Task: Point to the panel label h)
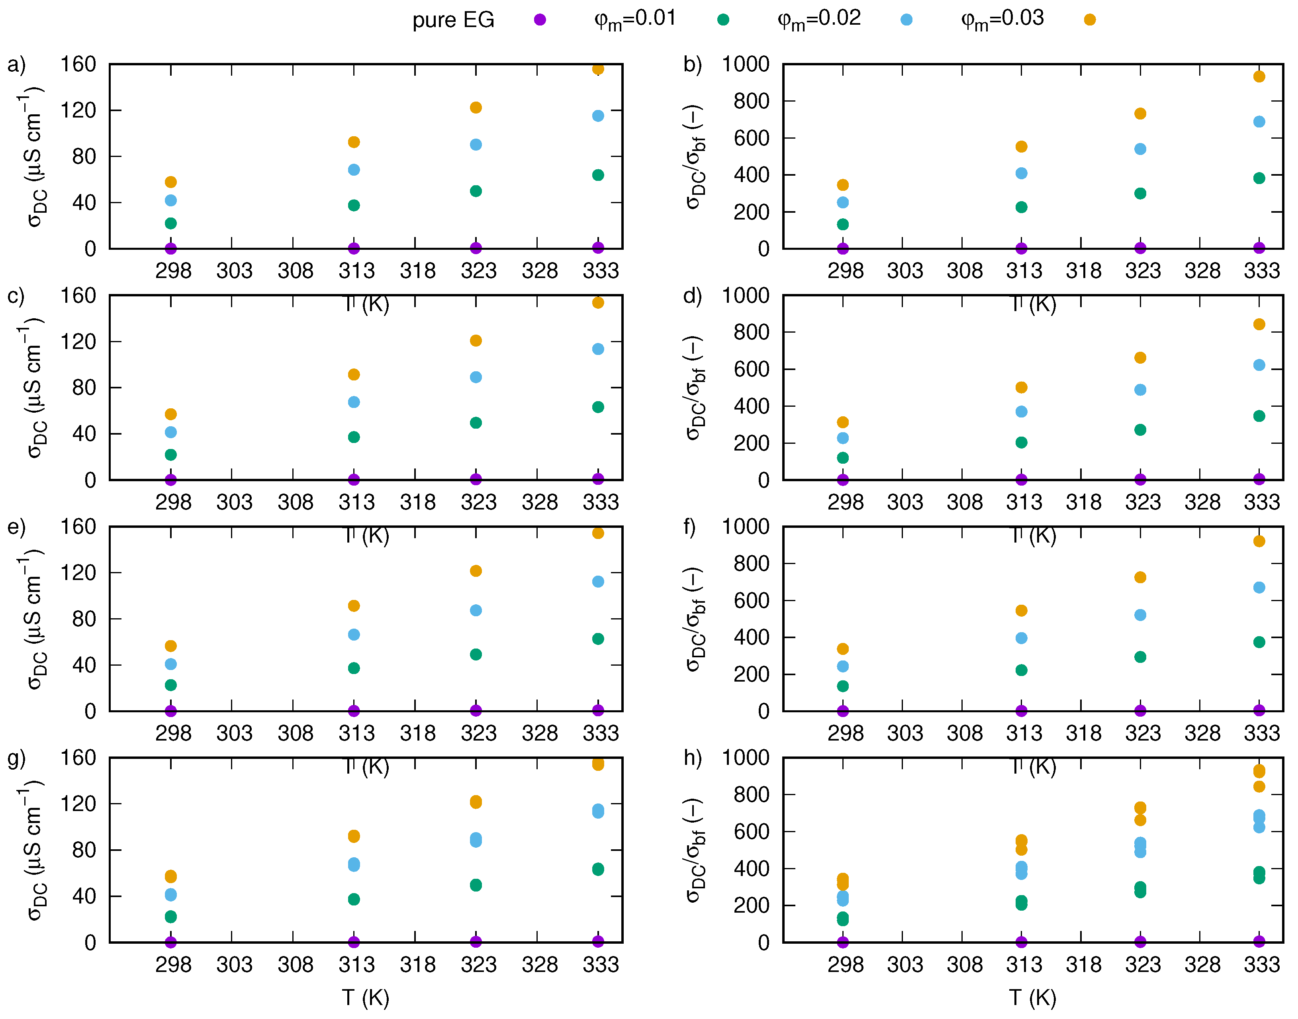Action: coord(693,758)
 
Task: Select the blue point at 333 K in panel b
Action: coord(1259,122)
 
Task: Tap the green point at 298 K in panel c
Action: coord(170,455)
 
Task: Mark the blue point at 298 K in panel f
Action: coord(843,666)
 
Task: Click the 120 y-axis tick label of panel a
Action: coord(78,110)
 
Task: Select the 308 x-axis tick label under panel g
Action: coord(295,965)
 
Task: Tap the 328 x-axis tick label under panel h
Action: coord(1202,965)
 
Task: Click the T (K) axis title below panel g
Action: coord(366,997)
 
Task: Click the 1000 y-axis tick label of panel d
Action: coord(746,295)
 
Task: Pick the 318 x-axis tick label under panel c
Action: coord(417,502)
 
